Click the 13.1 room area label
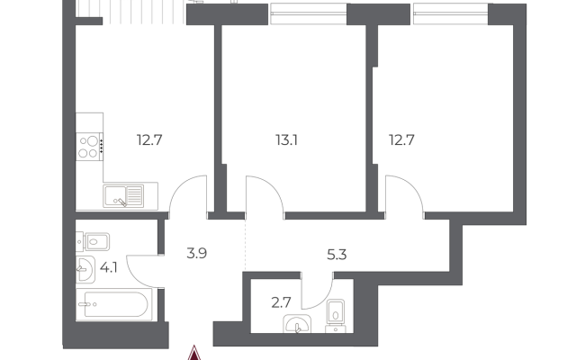point(286,140)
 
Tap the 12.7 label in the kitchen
point(149,140)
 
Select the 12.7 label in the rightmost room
point(401,140)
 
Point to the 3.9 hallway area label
point(196,253)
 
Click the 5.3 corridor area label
point(337,254)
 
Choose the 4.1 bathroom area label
point(109,268)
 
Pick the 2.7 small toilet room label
point(281,302)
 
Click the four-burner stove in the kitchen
point(90,147)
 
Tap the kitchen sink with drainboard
point(123,196)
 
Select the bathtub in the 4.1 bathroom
point(113,304)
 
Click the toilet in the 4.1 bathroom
point(93,242)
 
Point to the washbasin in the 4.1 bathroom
point(85,270)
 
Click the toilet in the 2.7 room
point(336,315)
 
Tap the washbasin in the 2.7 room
point(297,324)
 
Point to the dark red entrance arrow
point(194,354)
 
